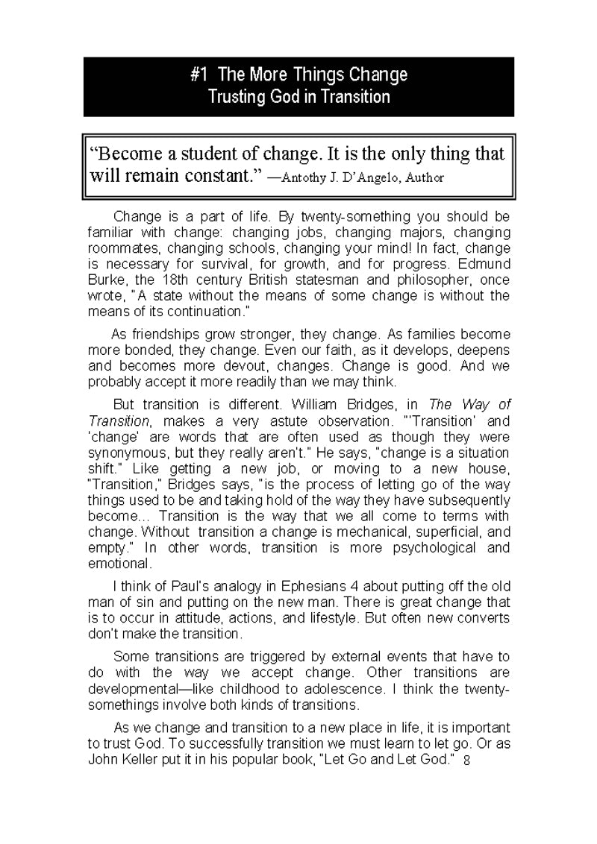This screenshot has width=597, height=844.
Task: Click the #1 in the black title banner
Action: [199, 75]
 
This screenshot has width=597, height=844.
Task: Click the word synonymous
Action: [126, 453]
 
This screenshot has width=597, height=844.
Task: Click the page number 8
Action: [466, 761]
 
